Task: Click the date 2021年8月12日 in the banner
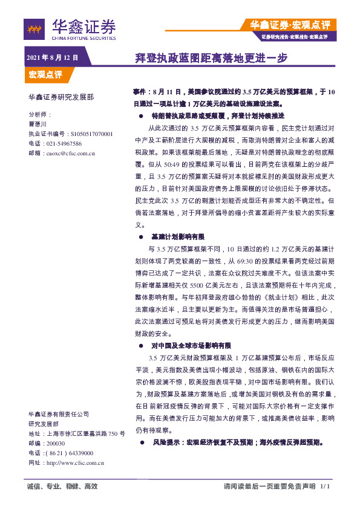[53, 57]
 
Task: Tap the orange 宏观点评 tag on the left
[45, 74]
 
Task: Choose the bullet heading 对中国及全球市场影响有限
[191, 346]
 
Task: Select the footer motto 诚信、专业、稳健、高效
[62, 487]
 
